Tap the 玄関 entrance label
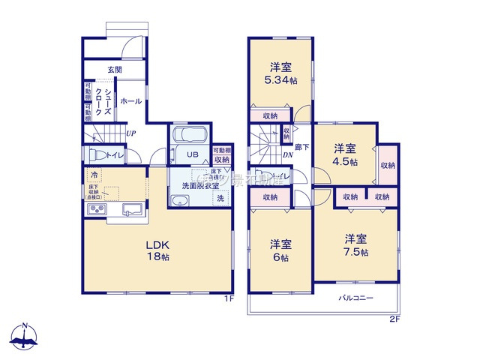[115, 70]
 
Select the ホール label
[130, 101]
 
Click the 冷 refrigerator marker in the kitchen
[94, 175]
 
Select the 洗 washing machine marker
[220, 199]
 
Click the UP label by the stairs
[131, 133]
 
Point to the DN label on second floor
[288, 155]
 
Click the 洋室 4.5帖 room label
[345, 154]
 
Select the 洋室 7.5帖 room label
[356, 245]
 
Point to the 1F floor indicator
[230, 298]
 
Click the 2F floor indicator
[394, 319]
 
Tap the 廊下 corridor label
[301, 148]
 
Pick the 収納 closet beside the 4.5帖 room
[388, 165]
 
